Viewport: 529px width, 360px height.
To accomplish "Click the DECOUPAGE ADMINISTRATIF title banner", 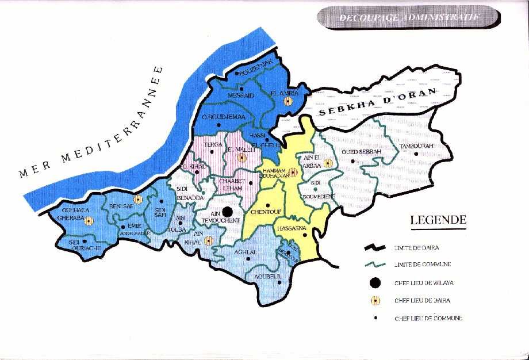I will (408, 17).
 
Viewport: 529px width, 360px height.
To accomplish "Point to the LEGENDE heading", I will (438, 220).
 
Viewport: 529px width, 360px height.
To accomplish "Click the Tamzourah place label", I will (416, 147).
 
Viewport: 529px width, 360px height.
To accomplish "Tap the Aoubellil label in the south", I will (267, 277).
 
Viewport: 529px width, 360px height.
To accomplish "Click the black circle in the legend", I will (375, 282).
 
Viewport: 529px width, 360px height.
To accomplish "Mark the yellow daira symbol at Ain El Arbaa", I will (328, 163).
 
